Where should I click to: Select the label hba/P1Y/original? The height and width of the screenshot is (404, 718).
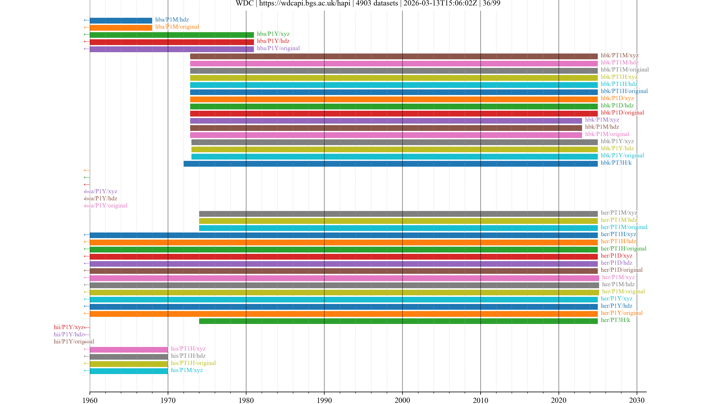[x=278, y=48]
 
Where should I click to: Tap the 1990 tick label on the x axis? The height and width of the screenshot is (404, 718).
[x=324, y=400]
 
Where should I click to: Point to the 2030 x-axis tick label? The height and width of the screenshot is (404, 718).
[x=637, y=400]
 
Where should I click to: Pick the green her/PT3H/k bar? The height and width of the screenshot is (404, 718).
[x=398, y=321]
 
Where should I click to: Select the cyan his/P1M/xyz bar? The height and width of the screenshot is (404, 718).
[x=129, y=371]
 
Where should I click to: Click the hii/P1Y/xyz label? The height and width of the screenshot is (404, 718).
[x=69, y=327]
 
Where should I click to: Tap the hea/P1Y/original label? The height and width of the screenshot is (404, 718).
[x=106, y=206]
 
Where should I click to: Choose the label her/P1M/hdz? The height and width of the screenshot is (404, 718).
[x=618, y=284]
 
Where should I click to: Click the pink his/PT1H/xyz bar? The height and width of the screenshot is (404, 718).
[x=129, y=349]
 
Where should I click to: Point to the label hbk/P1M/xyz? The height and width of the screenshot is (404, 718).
[x=602, y=120]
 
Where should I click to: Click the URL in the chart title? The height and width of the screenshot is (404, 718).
[x=304, y=3]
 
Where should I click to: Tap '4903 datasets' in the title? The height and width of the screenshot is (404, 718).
[x=377, y=3]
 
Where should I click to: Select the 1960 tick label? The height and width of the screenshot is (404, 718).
[x=90, y=400]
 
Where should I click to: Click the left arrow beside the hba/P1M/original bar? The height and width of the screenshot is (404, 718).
[x=86, y=27]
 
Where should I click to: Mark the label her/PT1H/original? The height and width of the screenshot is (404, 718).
[x=623, y=248]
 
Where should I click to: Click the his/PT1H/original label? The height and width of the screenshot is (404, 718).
[x=193, y=363]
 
